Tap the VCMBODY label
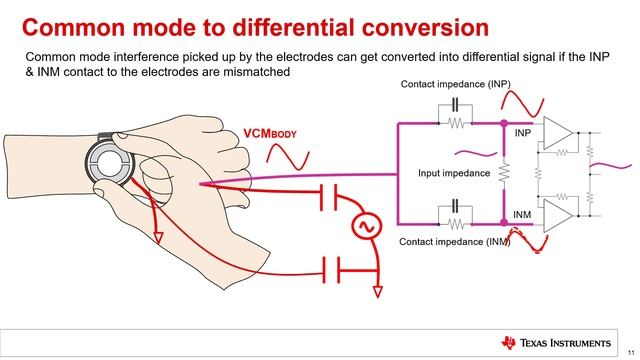pos(273,134)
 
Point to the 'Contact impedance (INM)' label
pos(454,243)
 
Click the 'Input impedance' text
pos(454,173)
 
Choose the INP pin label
pos(522,133)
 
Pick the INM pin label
pos(522,214)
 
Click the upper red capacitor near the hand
pos(326,196)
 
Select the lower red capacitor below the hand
pos(326,267)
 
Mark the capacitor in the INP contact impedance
pos(454,105)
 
